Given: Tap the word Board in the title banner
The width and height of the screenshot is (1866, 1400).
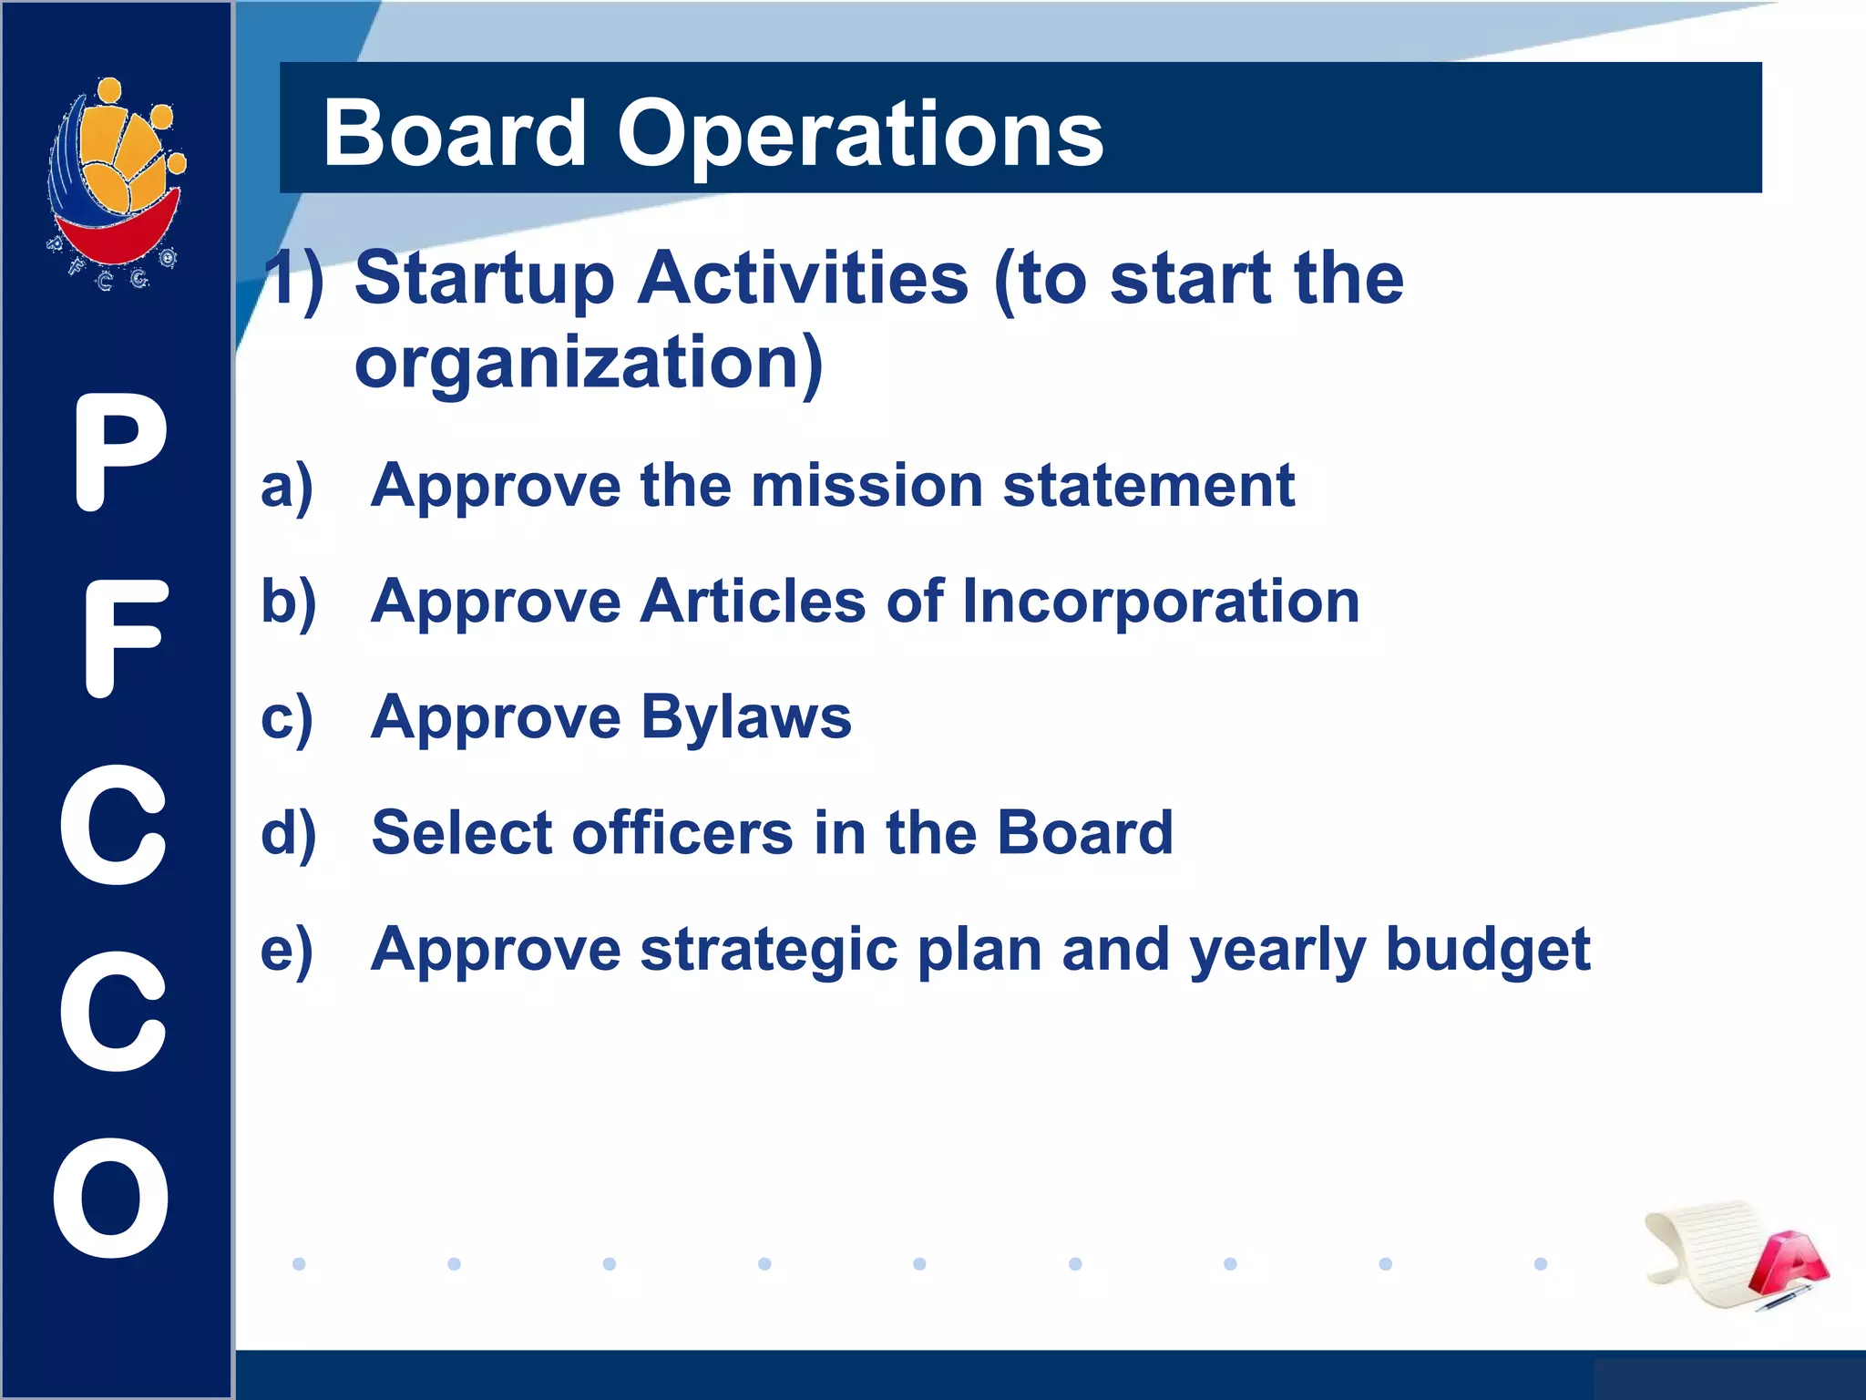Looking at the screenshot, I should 455,135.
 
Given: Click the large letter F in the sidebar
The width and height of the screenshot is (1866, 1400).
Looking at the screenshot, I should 125,639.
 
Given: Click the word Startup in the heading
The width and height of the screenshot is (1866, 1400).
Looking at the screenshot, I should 484,278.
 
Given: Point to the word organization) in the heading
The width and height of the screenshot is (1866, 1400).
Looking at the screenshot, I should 589,363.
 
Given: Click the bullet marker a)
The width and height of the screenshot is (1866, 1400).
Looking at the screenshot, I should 287,486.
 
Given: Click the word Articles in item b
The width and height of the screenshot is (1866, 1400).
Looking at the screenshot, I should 752,602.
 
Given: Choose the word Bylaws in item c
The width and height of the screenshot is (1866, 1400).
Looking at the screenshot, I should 745,717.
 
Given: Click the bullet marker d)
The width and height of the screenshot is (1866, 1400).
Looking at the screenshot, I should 288,833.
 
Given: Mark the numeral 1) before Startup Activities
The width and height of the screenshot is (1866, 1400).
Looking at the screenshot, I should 293,278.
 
